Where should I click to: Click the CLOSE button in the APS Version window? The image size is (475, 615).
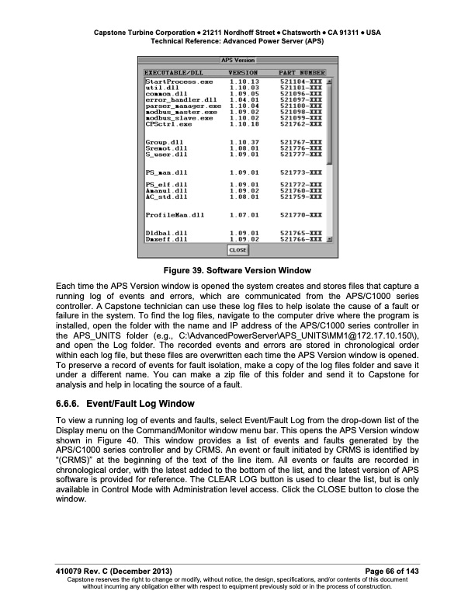(237, 251)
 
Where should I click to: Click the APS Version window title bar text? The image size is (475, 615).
(237, 60)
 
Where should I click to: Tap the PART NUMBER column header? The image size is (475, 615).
(302, 72)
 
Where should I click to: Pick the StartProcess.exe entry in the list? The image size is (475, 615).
(179, 82)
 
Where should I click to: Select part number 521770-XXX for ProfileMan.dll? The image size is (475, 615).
(302, 214)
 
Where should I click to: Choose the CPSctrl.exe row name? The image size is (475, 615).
(168, 123)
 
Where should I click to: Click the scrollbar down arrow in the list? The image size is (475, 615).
(329, 240)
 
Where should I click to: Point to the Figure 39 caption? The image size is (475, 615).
(237, 270)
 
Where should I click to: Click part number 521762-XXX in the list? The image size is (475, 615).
(302, 123)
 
